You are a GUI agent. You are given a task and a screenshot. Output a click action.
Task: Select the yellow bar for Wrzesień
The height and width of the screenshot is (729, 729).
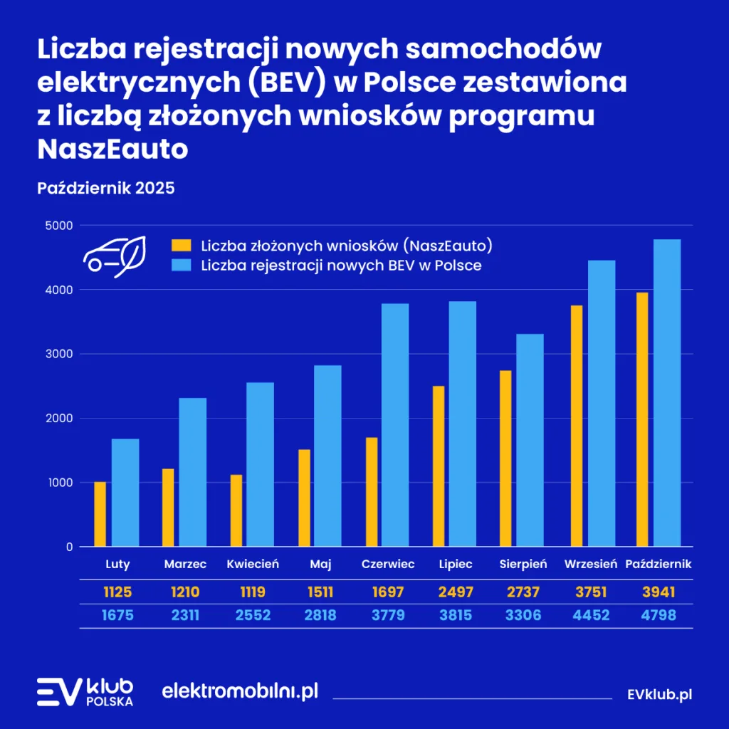pos(576,426)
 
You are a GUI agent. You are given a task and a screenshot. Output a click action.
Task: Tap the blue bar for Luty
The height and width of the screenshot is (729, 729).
pos(125,493)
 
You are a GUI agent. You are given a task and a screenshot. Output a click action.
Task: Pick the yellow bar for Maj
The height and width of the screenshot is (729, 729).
pos(304,498)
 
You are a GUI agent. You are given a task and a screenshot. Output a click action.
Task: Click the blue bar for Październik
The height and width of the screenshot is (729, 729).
pos(662,393)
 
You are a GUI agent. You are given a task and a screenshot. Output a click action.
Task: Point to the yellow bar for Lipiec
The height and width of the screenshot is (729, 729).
pos(439,466)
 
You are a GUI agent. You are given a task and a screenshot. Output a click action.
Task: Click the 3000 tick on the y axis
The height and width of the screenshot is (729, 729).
pos(60,354)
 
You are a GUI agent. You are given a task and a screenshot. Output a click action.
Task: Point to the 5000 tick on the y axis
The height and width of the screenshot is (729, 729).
pos(60,226)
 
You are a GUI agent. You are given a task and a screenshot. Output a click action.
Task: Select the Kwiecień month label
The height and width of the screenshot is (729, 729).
pos(253,565)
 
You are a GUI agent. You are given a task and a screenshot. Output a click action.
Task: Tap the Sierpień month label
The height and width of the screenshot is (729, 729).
pos(523,565)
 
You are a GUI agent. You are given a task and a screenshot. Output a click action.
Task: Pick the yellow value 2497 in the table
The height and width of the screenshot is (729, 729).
pos(456,592)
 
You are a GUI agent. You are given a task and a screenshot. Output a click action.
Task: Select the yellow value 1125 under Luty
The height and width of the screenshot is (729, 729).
pos(117,592)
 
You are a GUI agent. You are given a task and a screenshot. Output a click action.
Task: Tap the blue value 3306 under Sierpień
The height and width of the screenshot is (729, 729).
pos(523,615)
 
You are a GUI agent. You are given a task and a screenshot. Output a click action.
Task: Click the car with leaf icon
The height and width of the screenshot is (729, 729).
pos(115,256)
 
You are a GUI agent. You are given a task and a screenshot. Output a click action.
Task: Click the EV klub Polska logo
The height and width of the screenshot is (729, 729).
pos(85,692)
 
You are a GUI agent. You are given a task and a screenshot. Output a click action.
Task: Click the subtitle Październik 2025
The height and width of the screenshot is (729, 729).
pos(105,189)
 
